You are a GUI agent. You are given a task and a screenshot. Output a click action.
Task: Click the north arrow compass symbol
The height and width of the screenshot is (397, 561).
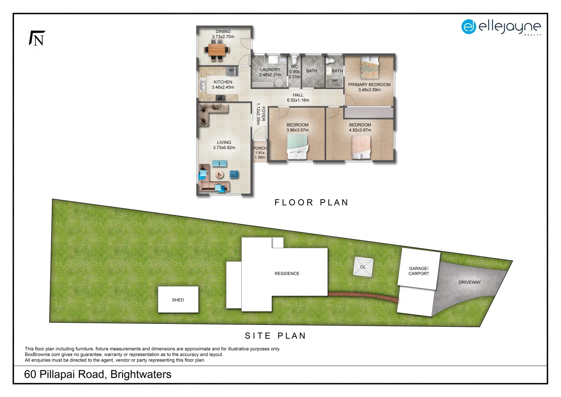tap(37, 38)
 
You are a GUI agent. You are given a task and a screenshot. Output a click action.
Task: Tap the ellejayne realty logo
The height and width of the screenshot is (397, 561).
tap(501, 27)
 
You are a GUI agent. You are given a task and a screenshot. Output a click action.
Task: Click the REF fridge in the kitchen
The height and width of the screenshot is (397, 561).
tap(231, 70)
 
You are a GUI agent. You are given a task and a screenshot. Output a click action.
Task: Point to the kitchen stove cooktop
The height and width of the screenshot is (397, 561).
tap(220, 97)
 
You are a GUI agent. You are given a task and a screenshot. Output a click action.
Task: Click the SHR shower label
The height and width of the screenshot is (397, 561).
tap(334, 81)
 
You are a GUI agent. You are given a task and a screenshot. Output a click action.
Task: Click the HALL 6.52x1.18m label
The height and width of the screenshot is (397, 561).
tap(298, 97)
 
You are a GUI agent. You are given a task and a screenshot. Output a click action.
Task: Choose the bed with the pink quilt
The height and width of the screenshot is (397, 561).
tap(361, 147)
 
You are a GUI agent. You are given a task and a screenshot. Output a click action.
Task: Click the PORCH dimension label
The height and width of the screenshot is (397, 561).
tap(260, 153)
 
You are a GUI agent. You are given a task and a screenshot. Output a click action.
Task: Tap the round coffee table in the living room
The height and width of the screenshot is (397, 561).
tap(220, 175)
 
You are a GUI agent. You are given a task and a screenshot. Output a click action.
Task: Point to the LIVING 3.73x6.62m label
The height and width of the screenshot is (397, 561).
tap(224, 145)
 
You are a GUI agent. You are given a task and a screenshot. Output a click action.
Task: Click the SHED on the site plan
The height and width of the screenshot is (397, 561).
tap(178, 300)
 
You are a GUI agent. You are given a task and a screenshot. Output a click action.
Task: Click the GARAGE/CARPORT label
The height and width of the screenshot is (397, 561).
tap(418, 271)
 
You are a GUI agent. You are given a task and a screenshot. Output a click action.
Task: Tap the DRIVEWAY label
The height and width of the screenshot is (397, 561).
tap(469, 282)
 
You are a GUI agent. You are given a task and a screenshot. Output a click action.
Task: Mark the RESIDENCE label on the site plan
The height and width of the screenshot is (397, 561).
tap(287, 273)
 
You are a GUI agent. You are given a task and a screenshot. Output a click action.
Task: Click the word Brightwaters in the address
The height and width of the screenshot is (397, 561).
tap(141, 374)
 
